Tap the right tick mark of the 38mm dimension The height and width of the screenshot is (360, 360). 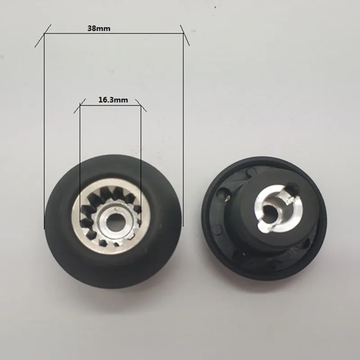[184, 35]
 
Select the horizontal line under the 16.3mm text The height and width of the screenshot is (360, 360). [110, 106]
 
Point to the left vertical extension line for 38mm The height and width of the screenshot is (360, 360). [44, 135]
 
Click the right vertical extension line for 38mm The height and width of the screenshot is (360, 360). [183, 135]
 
